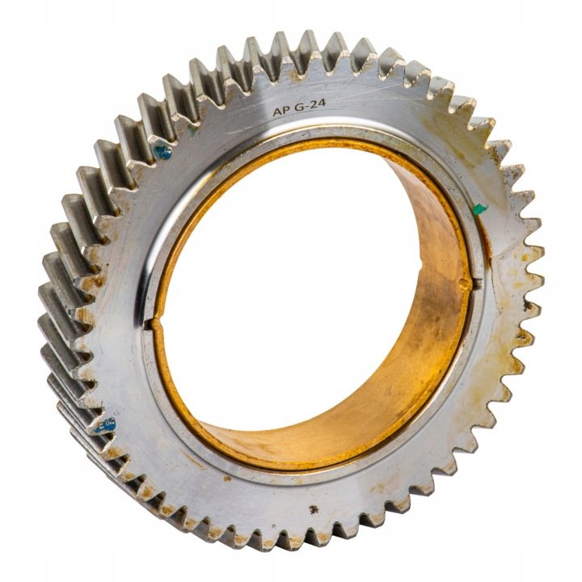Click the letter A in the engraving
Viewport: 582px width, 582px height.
click(x=277, y=112)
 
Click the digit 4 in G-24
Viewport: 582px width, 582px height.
click(x=321, y=103)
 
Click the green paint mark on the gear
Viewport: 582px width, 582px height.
click(x=479, y=209)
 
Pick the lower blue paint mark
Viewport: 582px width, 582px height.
click(x=104, y=425)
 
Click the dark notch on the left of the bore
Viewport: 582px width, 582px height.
click(x=150, y=324)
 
